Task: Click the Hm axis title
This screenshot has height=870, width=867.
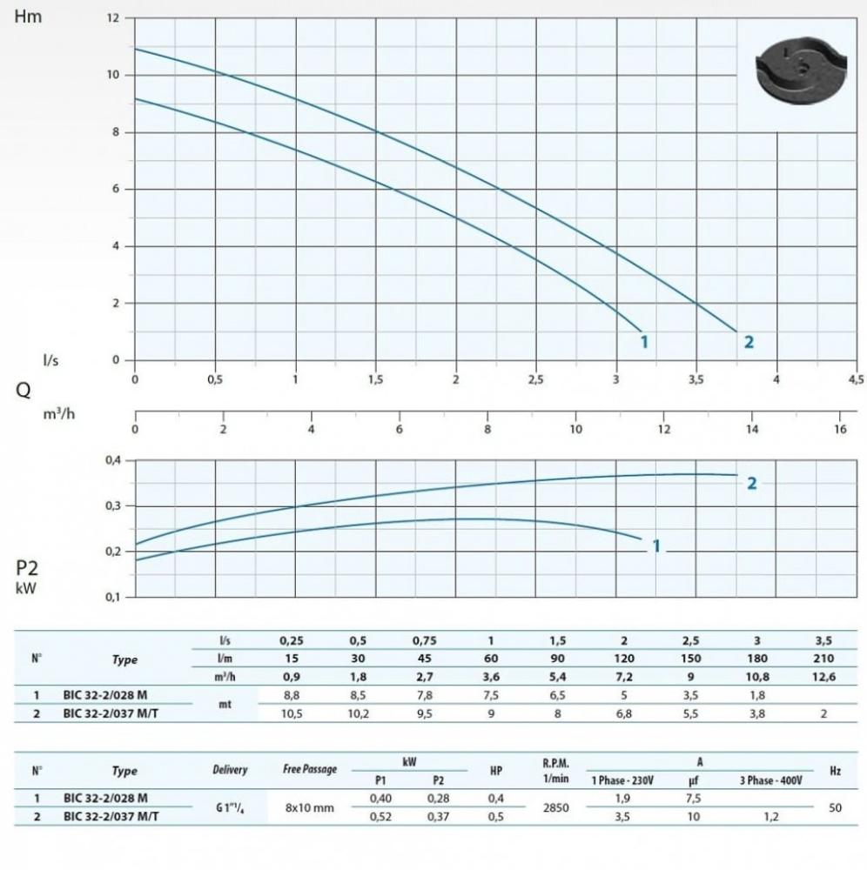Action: (x=28, y=17)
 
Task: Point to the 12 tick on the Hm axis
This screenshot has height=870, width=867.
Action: (x=113, y=18)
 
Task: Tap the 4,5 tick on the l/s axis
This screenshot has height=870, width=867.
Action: (x=856, y=379)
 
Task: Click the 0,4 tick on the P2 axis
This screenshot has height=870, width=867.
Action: (x=113, y=460)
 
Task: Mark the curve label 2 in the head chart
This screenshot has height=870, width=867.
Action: (x=749, y=342)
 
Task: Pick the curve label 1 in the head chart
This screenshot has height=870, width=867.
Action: (x=644, y=342)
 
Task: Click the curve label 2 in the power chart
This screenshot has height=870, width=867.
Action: (x=752, y=483)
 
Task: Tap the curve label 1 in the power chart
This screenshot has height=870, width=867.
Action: (x=656, y=546)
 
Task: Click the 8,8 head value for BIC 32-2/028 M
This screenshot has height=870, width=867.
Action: (x=292, y=696)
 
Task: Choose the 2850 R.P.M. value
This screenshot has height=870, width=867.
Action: (x=555, y=806)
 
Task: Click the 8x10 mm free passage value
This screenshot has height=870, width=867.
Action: (x=310, y=806)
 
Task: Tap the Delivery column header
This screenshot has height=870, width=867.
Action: (x=230, y=770)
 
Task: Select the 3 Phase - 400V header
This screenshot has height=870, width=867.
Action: (x=770, y=780)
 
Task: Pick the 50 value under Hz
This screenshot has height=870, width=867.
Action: (x=835, y=806)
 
